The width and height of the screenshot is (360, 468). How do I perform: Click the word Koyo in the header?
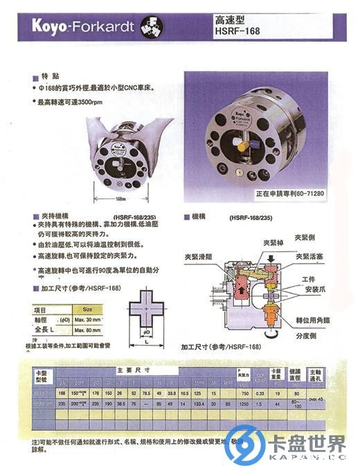(x=53, y=27)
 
